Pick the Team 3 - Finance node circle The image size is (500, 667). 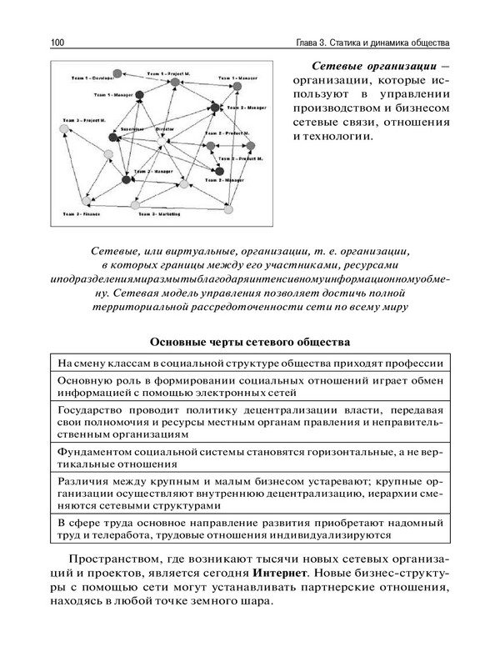tap(86, 201)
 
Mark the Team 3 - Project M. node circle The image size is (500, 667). tap(67, 130)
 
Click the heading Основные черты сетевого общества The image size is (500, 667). tap(250, 342)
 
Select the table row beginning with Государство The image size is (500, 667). tap(250, 422)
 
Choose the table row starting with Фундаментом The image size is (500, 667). tap(250, 458)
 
